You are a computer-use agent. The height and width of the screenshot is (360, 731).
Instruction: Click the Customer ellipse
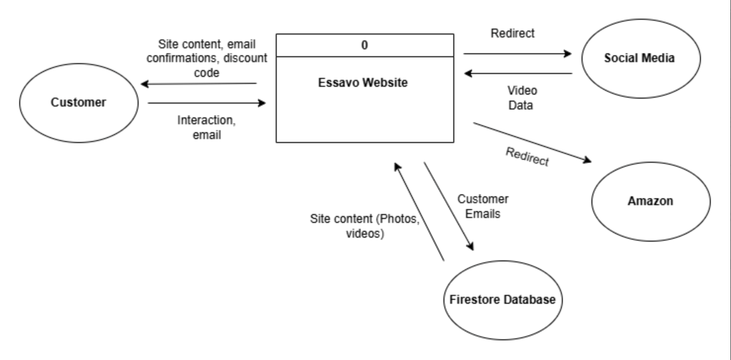[78, 103]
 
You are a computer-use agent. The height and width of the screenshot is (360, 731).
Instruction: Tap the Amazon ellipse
[651, 201]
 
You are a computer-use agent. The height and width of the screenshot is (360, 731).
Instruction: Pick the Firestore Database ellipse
[503, 300]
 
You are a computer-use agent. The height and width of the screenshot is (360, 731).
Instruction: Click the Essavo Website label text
[363, 83]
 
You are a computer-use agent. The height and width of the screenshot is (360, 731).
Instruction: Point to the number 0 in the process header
[365, 45]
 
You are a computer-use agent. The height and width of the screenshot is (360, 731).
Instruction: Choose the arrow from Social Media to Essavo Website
[518, 74]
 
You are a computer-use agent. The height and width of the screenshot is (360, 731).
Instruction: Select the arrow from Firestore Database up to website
[419, 212]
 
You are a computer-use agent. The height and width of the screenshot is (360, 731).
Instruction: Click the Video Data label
[522, 98]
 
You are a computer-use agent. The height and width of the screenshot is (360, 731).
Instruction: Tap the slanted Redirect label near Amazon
[527, 156]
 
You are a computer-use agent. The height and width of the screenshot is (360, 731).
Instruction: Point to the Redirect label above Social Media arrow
[512, 34]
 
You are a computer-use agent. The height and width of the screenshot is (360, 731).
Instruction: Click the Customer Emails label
[482, 206]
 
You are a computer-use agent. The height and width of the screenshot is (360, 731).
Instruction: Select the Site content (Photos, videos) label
[365, 226]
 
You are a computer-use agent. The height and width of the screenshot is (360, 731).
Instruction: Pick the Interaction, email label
[206, 127]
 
